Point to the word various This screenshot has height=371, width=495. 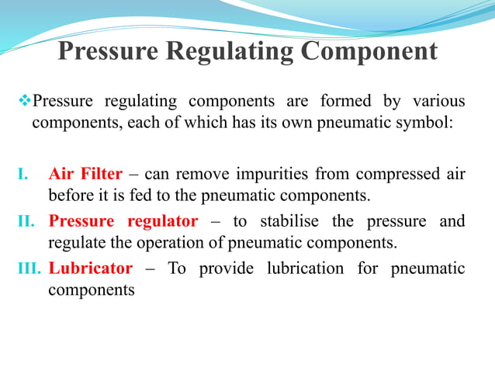(x=438, y=102)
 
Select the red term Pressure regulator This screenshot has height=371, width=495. (x=123, y=222)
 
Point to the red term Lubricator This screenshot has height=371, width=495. (x=90, y=269)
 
